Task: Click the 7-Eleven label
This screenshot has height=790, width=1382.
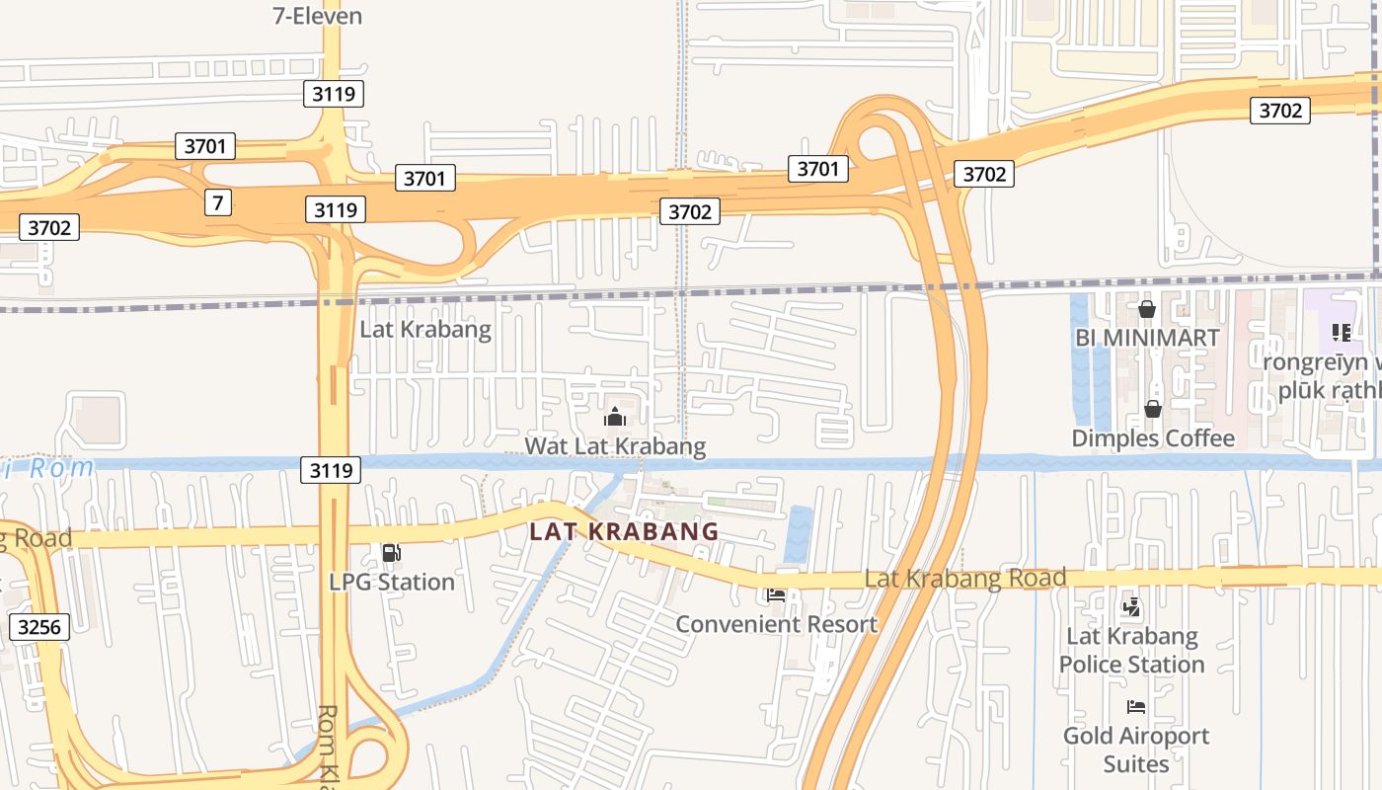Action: coord(317,16)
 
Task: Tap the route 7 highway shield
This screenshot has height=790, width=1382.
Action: coord(218,202)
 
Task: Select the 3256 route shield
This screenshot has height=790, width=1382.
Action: coord(39,626)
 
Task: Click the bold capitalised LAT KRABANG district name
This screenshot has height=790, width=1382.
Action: coord(624,531)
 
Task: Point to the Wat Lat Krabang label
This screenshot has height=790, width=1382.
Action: coord(615,446)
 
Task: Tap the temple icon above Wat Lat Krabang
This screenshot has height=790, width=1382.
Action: coord(615,417)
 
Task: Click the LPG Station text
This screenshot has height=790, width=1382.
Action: coord(392,582)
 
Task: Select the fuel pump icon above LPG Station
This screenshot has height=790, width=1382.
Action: coord(392,554)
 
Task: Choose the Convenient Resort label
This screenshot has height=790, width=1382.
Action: coord(776,624)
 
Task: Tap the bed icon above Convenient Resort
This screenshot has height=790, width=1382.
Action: coord(776,595)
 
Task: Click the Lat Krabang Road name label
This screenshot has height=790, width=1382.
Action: coord(965,578)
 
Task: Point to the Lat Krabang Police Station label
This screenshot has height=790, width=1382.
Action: coord(1132,650)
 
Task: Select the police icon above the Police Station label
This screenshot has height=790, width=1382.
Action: coord(1132,607)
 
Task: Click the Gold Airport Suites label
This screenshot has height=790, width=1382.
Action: coord(1136,750)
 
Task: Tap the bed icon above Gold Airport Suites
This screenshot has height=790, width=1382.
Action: coord(1136,707)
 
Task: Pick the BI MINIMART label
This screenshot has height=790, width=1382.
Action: coord(1147,338)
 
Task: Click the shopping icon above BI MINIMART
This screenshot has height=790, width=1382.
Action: coord(1147,310)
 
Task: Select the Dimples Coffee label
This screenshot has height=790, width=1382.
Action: coord(1153,438)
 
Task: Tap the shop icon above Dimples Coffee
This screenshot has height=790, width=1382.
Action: coord(1153,409)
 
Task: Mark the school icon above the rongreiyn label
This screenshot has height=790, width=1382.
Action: coord(1341,333)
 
